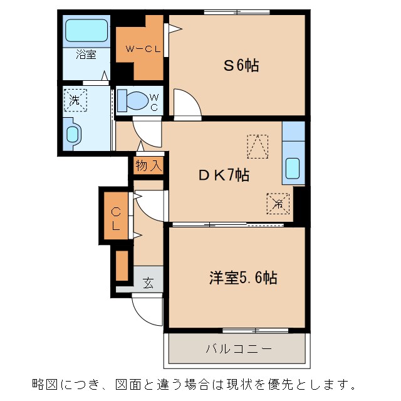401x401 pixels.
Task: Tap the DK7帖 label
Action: (224, 175)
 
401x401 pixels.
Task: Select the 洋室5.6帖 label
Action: (242, 277)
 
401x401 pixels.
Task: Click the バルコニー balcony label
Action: (238, 348)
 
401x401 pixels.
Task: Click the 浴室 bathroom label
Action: (86, 55)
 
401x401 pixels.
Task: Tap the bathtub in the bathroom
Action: (86, 31)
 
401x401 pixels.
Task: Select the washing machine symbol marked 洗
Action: (75, 99)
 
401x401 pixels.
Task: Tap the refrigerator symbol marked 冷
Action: (278, 202)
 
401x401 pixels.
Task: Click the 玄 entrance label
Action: (148, 283)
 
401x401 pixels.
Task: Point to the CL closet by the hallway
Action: (117, 217)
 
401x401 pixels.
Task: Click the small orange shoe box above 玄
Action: (122, 264)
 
